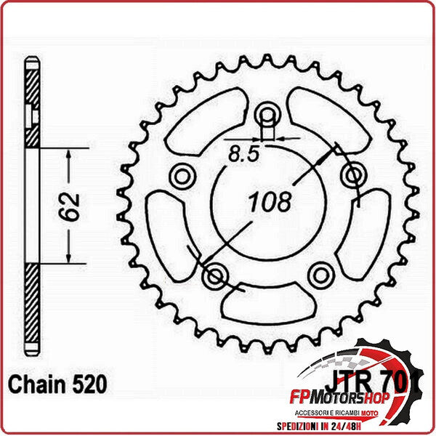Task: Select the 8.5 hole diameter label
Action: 243,153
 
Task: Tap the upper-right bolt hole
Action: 354,174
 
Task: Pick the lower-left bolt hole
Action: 214,275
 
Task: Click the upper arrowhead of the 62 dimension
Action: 69,155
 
